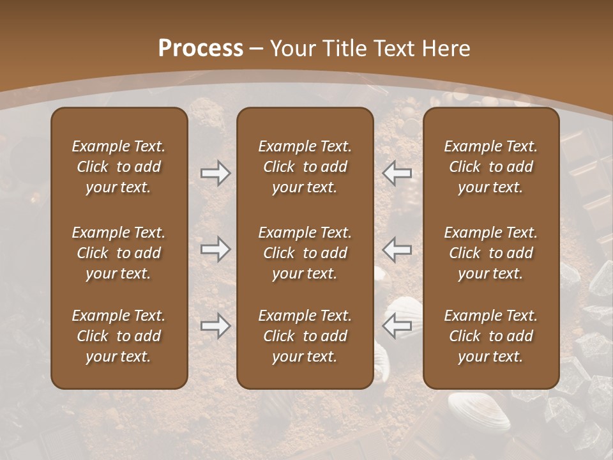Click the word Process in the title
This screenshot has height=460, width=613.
click(x=201, y=49)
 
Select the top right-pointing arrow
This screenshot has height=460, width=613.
click(x=215, y=173)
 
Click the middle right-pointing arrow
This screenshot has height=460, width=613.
click(x=215, y=249)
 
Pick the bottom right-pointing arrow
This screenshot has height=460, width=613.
click(x=215, y=326)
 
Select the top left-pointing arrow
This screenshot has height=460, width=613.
click(x=397, y=173)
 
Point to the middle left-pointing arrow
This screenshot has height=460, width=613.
click(x=397, y=249)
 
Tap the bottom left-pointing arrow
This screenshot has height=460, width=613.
click(x=397, y=326)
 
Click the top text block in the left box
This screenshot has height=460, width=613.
click(x=119, y=167)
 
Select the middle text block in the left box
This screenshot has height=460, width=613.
click(x=119, y=253)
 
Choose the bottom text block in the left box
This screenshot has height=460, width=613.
click(x=119, y=336)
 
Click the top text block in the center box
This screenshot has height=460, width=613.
click(x=305, y=167)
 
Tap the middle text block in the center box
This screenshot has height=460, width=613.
click(x=305, y=253)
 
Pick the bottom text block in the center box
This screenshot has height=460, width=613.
click(x=305, y=336)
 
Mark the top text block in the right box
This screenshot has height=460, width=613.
click(x=491, y=167)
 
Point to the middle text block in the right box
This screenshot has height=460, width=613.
click(x=491, y=253)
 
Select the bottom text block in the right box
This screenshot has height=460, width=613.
click(x=491, y=336)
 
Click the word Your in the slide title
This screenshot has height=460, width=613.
click(x=291, y=49)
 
